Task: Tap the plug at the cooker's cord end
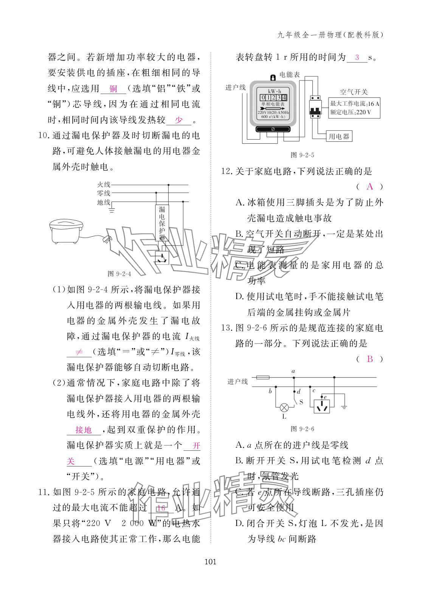tap(107, 239)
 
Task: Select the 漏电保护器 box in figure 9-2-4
tap(162, 223)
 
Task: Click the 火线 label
tap(103, 185)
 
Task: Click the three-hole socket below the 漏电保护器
tap(162, 258)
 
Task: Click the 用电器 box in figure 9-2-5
tap(339, 136)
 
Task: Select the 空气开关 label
tap(354, 92)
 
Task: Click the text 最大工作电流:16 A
tap(355, 104)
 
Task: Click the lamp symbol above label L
tap(284, 407)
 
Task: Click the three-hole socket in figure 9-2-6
tap(322, 406)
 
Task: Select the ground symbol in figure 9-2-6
tap(344, 407)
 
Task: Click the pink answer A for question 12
tap(370, 186)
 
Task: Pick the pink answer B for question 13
tap(370, 359)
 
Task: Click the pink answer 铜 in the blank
tap(113, 89)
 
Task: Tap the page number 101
tap(210, 562)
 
